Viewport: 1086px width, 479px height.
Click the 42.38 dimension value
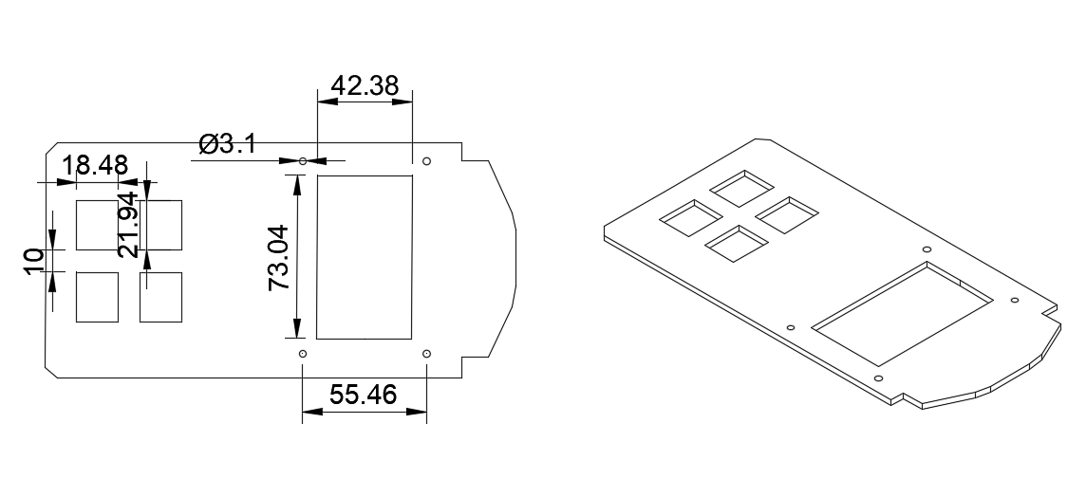365,85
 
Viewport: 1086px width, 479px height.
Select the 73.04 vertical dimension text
278,257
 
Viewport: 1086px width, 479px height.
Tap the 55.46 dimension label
363,395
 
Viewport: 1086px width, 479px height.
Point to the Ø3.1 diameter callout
227,144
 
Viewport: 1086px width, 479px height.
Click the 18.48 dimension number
95,165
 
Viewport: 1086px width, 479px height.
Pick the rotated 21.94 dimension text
128,225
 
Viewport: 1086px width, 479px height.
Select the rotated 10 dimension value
34,261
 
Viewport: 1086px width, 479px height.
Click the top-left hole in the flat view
303,161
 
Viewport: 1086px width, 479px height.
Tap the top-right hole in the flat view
426,161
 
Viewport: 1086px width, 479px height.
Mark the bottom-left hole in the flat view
303,354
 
